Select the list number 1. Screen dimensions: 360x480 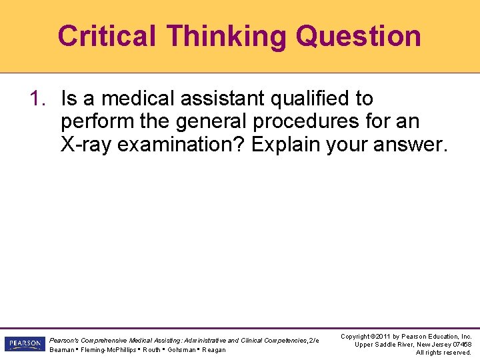pyautogui.click(x=37, y=99)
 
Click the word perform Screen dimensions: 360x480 pyautogui.click(x=97, y=122)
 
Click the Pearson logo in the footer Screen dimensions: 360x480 pyautogui.click(x=23, y=344)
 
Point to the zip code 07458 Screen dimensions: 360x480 pyautogui.click(x=459, y=345)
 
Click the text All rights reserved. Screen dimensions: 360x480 pyautogui.click(x=443, y=353)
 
